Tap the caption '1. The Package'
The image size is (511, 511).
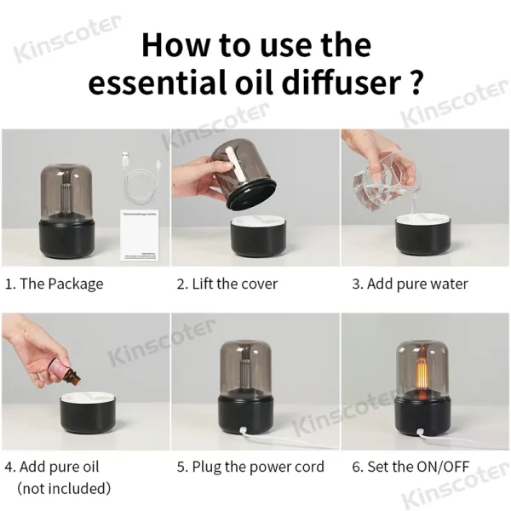pyautogui.click(x=55, y=284)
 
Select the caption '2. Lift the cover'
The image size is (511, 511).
pyautogui.click(x=227, y=284)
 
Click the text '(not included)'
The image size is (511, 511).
pyautogui.click(x=64, y=488)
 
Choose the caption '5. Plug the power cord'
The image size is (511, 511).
pyautogui.click(x=250, y=467)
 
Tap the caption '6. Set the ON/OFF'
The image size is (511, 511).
pyautogui.click(x=410, y=467)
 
